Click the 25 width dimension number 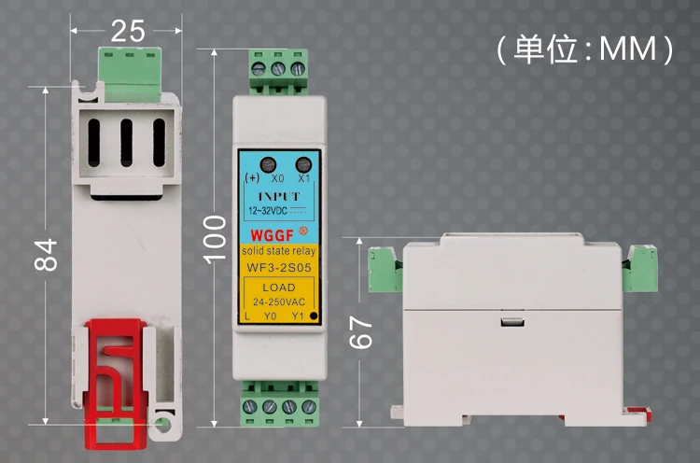[x=128, y=31]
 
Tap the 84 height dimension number [x=46, y=255]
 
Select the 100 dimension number [x=215, y=239]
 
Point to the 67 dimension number [x=360, y=332]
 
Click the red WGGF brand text [x=272, y=235]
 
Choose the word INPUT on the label [x=279, y=196]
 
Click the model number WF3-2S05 [x=279, y=268]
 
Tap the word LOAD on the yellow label [x=279, y=288]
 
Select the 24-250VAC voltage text [x=279, y=302]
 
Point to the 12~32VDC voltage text [x=268, y=211]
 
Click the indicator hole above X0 [x=268, y=164]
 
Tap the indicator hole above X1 [x=303, y=164]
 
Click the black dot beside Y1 [x=314, y=316]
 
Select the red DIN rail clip [x=117, y=383]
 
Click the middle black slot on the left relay [x=126, y=143]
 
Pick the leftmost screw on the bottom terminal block [x=249, y=407]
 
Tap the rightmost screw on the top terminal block [x=298, y=69]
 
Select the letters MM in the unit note [x=627, y=49]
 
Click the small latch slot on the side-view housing [x=512, y=322]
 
